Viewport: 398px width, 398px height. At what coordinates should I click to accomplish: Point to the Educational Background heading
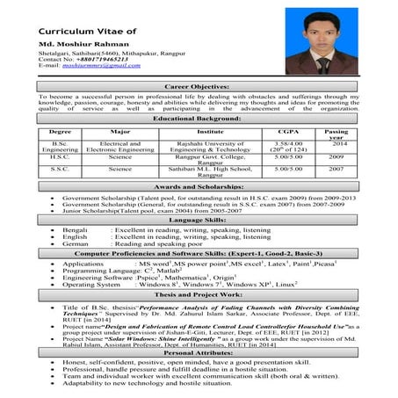(x=198, y=117)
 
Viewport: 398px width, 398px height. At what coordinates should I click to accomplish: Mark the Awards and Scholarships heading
(x=198, y=187)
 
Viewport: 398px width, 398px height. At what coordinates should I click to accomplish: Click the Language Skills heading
(x=198, y=219)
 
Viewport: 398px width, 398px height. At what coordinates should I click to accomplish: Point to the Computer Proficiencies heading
(x=198, y=253)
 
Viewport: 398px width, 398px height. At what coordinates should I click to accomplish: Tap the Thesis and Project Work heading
(x=198, y=295)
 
